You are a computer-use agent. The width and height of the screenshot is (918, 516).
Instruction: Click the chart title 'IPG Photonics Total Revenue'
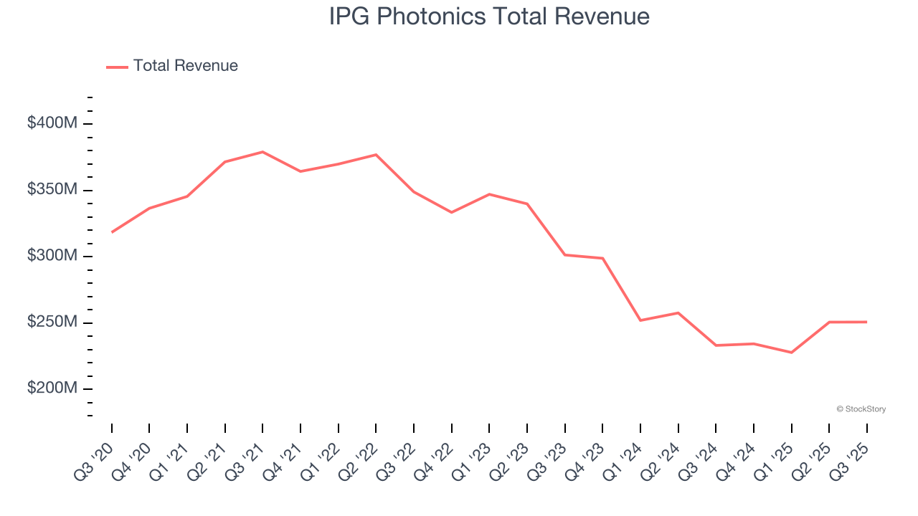point(489,16)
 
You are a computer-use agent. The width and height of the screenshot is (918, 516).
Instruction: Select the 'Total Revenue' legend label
point(185,66)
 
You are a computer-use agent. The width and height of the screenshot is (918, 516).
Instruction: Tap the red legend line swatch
point(117,67)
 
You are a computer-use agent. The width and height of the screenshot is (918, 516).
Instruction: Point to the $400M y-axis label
point(52,123)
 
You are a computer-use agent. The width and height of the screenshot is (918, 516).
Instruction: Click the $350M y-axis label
point(52,190)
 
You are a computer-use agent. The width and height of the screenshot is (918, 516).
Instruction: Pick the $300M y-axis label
point(52,256)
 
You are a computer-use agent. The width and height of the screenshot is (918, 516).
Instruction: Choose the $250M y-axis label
point(52,322)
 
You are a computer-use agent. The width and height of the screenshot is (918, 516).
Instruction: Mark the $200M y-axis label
point(52,388)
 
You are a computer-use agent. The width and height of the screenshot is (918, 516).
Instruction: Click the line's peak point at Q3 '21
point(262,152)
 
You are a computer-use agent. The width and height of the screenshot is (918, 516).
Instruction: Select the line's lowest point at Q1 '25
point(791,353)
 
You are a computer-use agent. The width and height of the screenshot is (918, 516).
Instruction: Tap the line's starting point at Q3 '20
point(112,232)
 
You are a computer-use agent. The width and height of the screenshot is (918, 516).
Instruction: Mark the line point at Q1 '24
point(640,320)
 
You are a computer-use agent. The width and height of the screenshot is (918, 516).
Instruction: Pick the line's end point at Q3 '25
point(866,322)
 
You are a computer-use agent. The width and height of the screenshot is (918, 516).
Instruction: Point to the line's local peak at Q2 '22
point(376,155)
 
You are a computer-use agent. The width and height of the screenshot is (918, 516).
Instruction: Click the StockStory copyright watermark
point(861,409)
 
